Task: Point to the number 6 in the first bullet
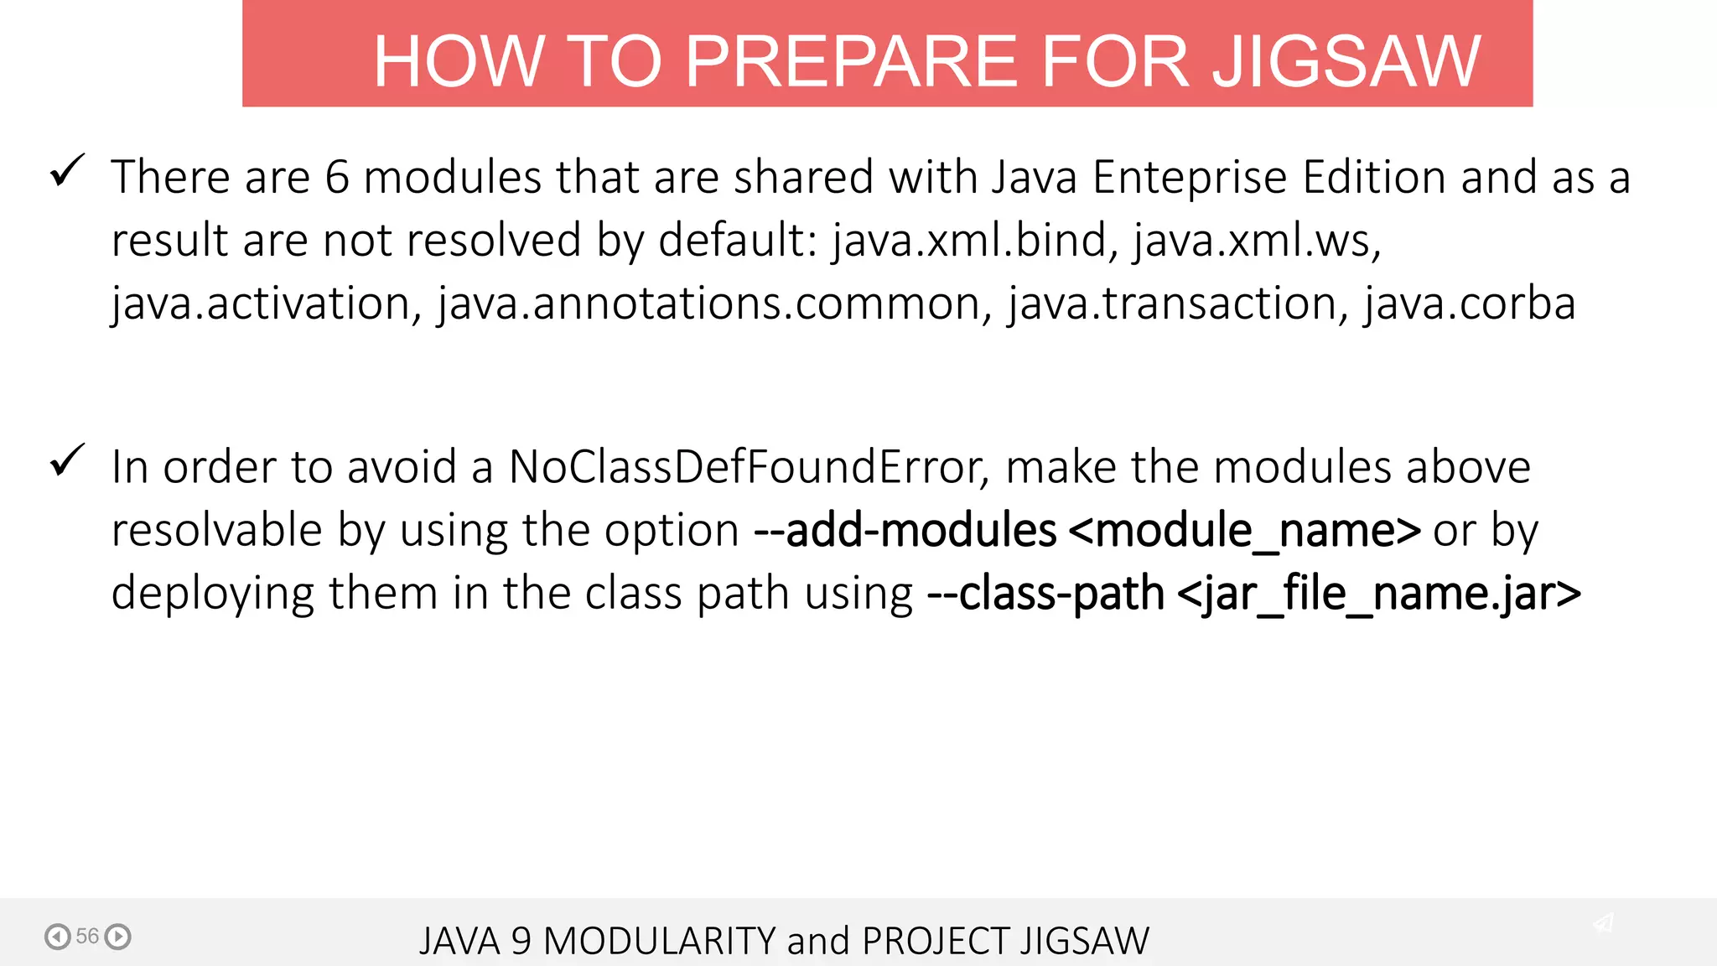click(336, 178)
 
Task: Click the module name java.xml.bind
click(973, 241)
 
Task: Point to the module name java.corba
click(1470, 304)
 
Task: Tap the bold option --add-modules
click(905, 531)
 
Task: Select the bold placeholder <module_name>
click(1245, 531)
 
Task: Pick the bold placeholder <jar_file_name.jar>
click(1379, 594)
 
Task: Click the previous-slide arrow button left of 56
click(57, 936)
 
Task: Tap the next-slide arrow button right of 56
click(118, 936)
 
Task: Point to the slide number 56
click(87, 936)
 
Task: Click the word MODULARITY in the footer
click(659, 941)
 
